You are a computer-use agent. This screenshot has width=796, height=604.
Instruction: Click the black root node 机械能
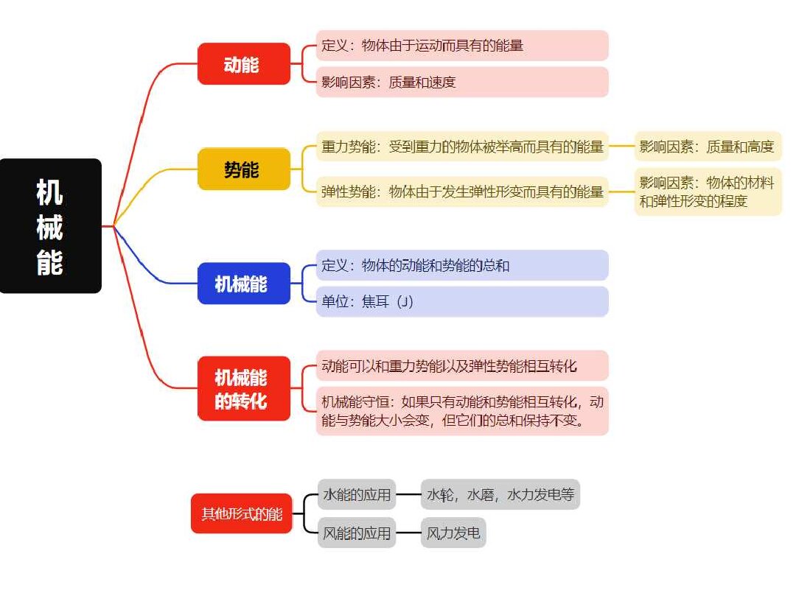pyautogui.click(x=51, y=225)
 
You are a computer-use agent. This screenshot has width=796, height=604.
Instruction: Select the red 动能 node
pyautogui.click(x=244, y=64)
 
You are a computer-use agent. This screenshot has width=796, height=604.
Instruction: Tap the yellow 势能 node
pyautogui.click(x=244, y=169)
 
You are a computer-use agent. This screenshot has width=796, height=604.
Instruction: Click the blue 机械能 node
pyautogui.click(x=244, y=284)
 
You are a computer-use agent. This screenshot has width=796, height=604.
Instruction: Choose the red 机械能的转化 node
pyautogui.click(x=244, y=388)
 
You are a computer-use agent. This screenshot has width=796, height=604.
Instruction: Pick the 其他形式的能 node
pyautogui.click(x=242, y=513)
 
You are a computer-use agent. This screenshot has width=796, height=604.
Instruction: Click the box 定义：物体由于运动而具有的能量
pyautogui.click(x=462, y=45)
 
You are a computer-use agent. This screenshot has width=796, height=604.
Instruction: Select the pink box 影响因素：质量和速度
pyautogui.click(x=462, y=82)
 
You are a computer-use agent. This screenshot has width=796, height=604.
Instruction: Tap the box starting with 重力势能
pyautogui.click(x=462, y=147)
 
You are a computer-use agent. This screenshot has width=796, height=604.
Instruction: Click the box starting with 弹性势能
pyautogui.click(x=462, y=192)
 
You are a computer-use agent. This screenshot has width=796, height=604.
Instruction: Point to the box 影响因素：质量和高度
pyautogui.click(x=708, y=147)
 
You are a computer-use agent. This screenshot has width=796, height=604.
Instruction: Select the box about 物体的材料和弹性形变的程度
pyautogui.click(x=708, y=192)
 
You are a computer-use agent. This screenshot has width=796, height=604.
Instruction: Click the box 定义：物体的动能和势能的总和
pyautogui.click(x=462, y=265)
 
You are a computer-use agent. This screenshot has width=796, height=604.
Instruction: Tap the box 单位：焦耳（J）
pyautogui.click(x=462, y=302)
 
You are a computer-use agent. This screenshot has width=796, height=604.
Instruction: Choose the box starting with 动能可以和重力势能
pyautogui.click(x=462, y=365)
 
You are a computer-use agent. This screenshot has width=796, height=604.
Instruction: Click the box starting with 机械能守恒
pyautogui.click(x=462, y=411)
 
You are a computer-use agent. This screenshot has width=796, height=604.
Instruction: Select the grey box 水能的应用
pyautogui.click(x=357, y=494)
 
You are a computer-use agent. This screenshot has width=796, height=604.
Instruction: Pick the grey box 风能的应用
pyautogui.click(x=357, y=533)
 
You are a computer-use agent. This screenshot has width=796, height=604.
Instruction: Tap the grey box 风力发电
pyautogui.click(x=453, y=533)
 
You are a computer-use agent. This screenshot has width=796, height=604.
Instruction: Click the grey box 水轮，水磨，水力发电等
pyautogui.click(x=500, y=494)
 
